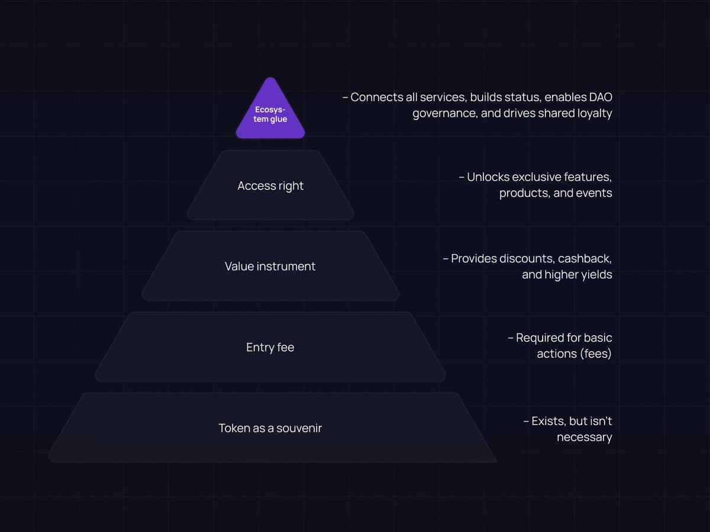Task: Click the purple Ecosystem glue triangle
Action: point(270,113)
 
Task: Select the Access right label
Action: point(270,186)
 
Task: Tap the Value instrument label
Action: point(270,267)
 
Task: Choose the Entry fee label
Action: point(270,348)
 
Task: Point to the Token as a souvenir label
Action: point(270,428)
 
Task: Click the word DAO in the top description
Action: point(601,97)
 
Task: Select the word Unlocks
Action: point(488,177)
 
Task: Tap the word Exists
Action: point(548,421)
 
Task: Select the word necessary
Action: point(584,437)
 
